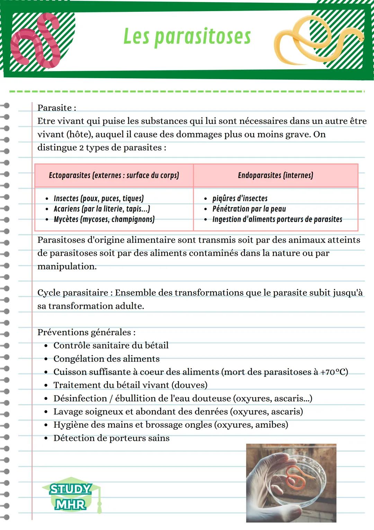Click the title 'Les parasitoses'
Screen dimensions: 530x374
point(187,36)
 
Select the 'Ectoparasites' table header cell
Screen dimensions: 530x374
point(114,175)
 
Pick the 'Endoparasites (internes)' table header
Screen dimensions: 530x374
point(275,175)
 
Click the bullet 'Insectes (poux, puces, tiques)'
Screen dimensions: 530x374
point(98,198)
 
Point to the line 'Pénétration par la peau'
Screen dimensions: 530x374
point(249,209)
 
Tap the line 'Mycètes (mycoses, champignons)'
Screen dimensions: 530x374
point(104,219)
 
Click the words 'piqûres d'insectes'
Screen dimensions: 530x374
point(240,198)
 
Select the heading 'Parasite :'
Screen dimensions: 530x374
point(57,108)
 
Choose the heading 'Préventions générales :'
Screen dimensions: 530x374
point(87,332)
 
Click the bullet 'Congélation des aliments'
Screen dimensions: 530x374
point(106,359)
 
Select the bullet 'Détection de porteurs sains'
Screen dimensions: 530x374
point(111,438)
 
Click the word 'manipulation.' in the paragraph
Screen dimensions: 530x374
point(67,266)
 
